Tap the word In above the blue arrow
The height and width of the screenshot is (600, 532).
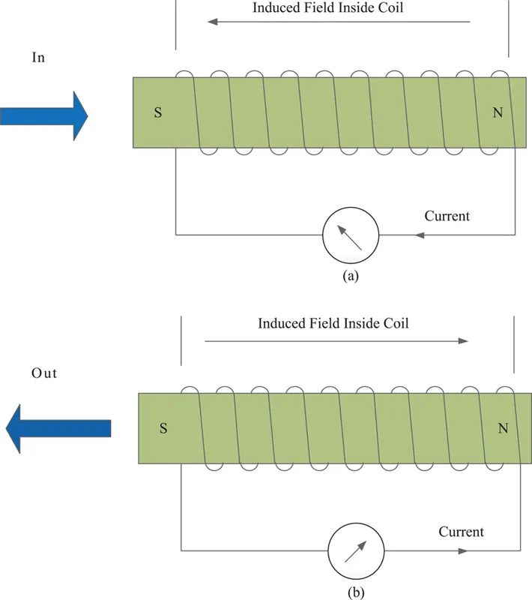tap(39, 58)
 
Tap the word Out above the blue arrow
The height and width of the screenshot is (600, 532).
tap(44, 373)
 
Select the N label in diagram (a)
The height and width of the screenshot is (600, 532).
tap(498, 113)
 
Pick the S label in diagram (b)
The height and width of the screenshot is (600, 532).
tap(163, 429)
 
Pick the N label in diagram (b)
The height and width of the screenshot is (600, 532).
tap(504, 429)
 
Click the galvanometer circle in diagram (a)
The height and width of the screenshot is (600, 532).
tap(351, 235)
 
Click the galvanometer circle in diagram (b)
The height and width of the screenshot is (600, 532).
tap(357, 550)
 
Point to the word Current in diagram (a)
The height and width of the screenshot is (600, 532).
tap(447, 217)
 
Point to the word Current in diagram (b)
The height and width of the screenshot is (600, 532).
tap(461, 532)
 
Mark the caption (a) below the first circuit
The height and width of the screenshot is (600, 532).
tap(351, 276)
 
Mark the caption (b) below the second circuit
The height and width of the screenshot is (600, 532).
tap(356, 591)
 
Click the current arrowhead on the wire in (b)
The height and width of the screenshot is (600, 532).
tap(463, 550)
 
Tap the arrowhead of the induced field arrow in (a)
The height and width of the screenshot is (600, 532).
tap(212, 22)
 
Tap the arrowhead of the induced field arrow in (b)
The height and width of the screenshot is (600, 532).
tap(463, 340)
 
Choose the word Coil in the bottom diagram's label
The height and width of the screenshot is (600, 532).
tap(395, 324)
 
